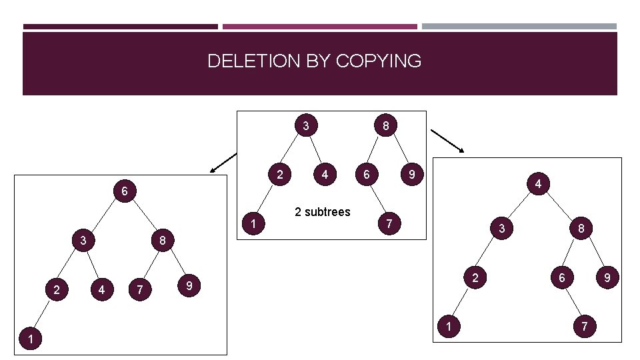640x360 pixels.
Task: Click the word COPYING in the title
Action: pos(379,61)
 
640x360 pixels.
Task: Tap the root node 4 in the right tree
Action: pos(538,182)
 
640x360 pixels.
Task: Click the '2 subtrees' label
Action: pos(322,212)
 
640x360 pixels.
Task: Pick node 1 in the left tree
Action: pos(29,340)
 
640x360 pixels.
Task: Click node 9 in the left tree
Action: pos(190,287)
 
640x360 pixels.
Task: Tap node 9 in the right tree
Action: pos(607,276)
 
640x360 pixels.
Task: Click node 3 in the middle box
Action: pos(305,125)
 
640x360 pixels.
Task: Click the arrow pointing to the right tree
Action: pos(448,141)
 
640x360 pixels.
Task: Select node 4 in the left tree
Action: pos(101,290)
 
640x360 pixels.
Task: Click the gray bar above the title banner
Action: pos(519,27)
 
